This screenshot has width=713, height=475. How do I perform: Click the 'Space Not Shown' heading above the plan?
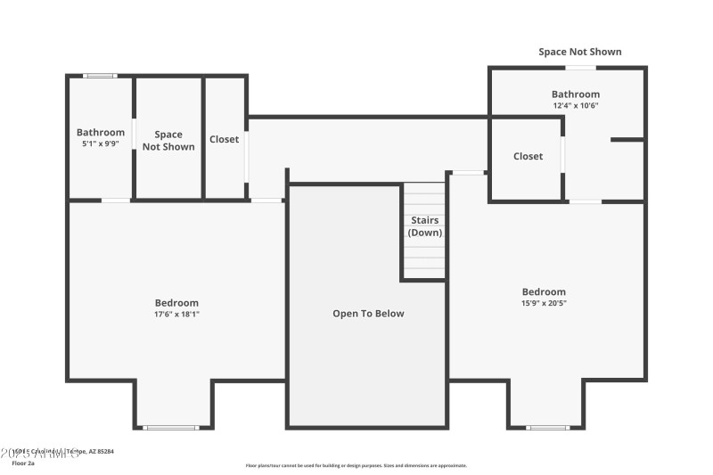pyautogui.click(x=579, y=52)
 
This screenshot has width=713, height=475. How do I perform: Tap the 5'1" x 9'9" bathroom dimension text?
pyautogui.click(x=100, y=143)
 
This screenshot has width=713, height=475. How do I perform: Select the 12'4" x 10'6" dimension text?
pyautogui.click(x=575, y=105)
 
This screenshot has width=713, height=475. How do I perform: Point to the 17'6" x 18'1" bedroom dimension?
pyautogui.click(x=176, y=314)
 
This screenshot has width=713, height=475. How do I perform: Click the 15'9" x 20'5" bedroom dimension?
pyautogui.click(x=544, y=303)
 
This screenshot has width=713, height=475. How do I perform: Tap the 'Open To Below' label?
pyautogui.click(x=368, y=314)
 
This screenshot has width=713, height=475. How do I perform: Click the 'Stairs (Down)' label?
pyautogui.click(x=424, y=226)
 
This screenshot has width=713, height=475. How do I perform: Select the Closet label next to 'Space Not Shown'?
pyautogui.click(x=224, y=139)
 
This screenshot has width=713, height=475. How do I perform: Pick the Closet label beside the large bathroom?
pyautogui.click(x=528, y=157)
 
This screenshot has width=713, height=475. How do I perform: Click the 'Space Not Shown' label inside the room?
pyautogui.click(x=168, y=141)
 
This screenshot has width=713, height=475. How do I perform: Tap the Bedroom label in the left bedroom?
pyautogui.click(x=176, y=303)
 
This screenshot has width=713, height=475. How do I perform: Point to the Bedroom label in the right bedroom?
pyautogui.click(x=544, y=291)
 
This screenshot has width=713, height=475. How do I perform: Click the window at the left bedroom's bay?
pyautogui.click(x=172, y=428)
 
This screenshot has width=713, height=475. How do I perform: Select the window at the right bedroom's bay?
pyautogui.click(x=547, y=428)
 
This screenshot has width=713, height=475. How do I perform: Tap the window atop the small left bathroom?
pyautogui.click(x=100, y=76)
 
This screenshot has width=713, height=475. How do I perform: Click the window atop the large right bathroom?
pyautogui.click(x=581, y=68)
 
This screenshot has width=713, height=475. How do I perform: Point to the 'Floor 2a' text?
pyautogui.click(x=22, y=463)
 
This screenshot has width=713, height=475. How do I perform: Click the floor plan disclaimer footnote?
pyautogui.click(x=356, y=465)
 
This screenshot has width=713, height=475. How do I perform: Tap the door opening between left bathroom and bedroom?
pyautogui.click(x=116, y=201)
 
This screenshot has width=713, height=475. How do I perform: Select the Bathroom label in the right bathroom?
pyautogui.click(x=575, y=94)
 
